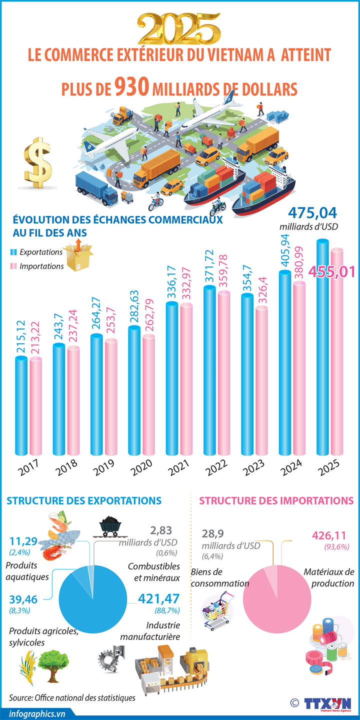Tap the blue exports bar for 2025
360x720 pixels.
click(x=323, y=350)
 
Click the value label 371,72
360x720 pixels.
click(x=209, y=268)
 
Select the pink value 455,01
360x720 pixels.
click(x=332, y=271)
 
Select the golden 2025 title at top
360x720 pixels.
click(x=180, y=29)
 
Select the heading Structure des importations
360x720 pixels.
click(x=276, y=500)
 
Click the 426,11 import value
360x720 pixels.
click(x=328, y=535)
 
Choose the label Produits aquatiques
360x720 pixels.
click(x=27, y=571)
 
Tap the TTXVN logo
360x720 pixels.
click(x=327, y=702)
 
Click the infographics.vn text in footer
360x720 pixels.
click(x=37, y=713)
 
